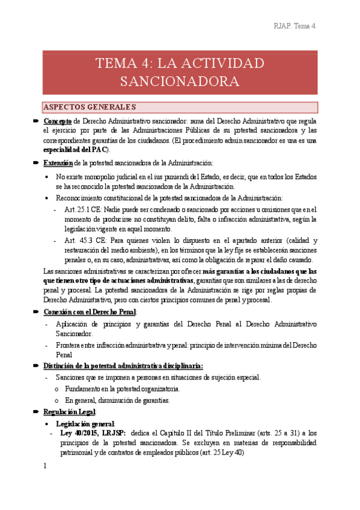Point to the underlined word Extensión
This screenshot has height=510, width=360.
[x=58, y=163]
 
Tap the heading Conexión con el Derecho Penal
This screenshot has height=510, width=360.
[x=90, y=312]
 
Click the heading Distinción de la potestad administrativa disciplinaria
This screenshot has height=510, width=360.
[x=123, y=366]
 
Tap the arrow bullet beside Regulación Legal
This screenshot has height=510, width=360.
[x=36, y=412]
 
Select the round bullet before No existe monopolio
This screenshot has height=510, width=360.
[x=48, y=177]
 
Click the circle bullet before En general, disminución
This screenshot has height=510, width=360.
[x=56, y=401]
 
